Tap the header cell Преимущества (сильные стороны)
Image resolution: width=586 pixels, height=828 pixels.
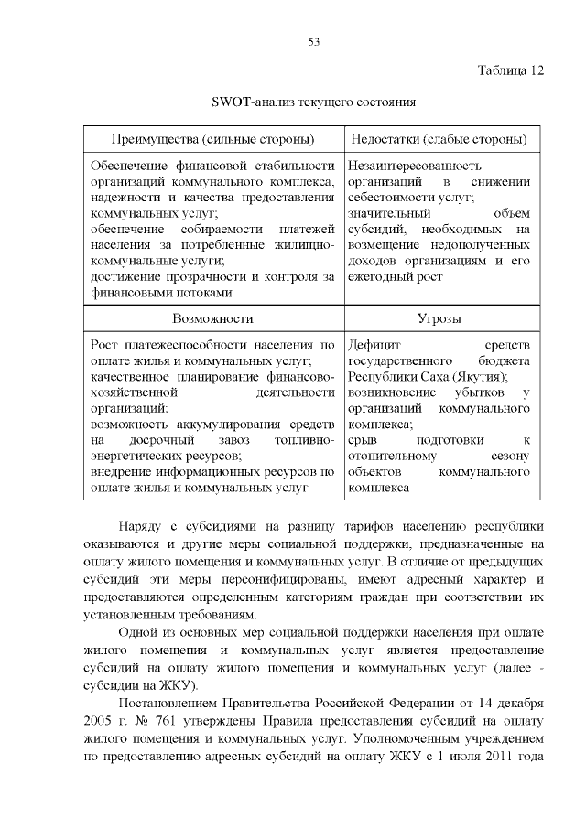[x=212, y=139]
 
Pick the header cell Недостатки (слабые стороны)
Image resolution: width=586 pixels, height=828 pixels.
[x=439, y=139]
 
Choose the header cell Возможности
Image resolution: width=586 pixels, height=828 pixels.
[x=212, y=318]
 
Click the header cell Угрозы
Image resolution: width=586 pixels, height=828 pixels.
[x=439, y=318]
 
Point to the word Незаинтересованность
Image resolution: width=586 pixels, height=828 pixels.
[x=415, y=166]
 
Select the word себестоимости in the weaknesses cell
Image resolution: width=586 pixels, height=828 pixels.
[x=390, y=198]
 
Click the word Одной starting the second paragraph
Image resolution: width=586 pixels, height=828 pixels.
[x=141, y=633]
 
